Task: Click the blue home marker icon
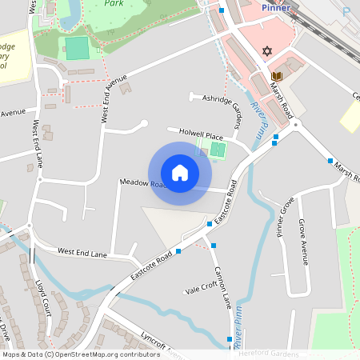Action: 180,173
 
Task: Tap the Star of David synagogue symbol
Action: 267,52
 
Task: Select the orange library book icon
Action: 277,77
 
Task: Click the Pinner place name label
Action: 276,7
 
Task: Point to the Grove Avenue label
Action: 303,241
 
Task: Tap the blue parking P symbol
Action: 346,11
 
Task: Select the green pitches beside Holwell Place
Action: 214,148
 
